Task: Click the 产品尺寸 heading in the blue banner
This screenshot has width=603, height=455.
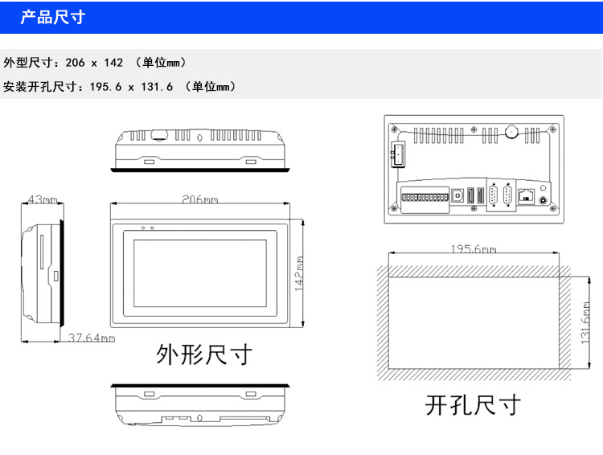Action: (x=52, y=17)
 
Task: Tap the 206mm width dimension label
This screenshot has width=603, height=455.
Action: (x=199, y=199)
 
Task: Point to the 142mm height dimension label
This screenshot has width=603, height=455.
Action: (x=299, y=273)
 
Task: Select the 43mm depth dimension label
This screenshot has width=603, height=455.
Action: (x=42, y=199)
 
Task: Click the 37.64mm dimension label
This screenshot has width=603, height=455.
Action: (x=91, y=338)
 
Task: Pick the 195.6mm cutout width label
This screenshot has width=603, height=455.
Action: (x=473, y=249)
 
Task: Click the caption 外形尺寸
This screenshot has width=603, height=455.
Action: (x=203, y=355)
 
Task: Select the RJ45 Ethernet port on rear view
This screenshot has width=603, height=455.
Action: (x=529, y=195)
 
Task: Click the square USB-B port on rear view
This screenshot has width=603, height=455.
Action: (x=458, y=195)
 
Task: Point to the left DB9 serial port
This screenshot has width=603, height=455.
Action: (x=490, y=197)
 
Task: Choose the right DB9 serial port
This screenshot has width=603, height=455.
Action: (x=508, y=197)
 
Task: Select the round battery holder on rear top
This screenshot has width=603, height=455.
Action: (x=510, y=132)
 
